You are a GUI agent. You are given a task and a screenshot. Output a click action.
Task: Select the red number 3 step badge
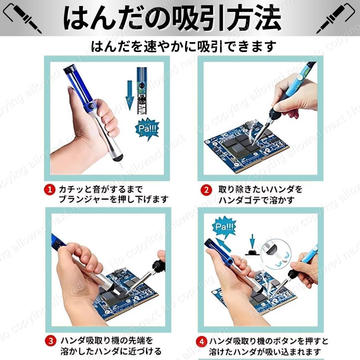(50, 341)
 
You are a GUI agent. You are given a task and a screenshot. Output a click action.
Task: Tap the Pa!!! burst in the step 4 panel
(224, 227)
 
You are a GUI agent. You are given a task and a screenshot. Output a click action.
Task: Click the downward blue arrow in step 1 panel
(130, 97)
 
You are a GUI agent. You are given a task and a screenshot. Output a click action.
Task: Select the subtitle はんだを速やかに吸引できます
(184, 46)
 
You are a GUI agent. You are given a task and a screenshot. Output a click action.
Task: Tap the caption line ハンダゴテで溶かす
(256, 200)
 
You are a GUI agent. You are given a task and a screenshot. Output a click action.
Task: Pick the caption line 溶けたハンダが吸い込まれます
(265, 352)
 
